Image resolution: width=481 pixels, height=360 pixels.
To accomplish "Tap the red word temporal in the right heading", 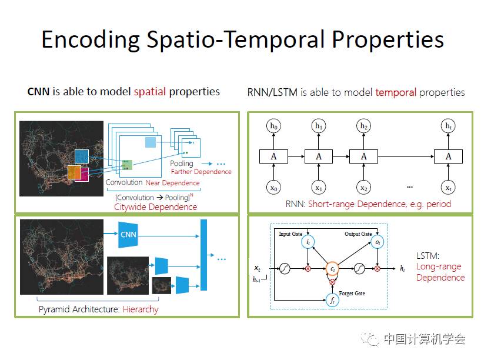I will (395, 92).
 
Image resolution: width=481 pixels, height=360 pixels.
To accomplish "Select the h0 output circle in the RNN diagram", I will (273, 126).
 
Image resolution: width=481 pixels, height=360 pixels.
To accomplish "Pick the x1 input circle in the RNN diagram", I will (318, 188).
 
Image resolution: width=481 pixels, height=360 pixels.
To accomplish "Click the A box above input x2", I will (363, 156).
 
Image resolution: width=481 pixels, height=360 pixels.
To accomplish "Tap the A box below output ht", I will (448, 156).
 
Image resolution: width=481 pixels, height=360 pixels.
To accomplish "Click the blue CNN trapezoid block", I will (128, 235).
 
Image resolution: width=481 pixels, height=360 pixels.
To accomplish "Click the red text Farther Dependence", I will (201, 172).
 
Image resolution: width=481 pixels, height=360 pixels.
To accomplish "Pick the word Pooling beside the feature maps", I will (182, 164).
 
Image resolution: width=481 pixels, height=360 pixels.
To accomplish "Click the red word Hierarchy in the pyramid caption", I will (141, 309).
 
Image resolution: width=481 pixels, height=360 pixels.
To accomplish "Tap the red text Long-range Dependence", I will (440, 272).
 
